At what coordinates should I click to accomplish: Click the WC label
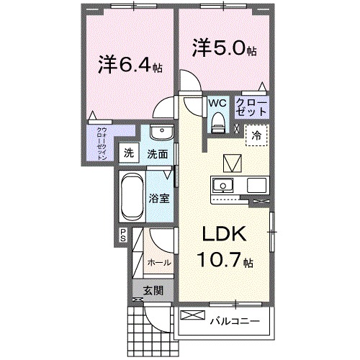tap(217, 103)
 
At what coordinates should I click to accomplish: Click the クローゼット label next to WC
tap(251, 109)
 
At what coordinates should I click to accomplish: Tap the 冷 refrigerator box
tap(256, 135)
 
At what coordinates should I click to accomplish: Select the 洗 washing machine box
tap(128, 153)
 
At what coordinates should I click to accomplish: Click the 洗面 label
tap(158, 153)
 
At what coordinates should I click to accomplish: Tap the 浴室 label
tap(159, 198)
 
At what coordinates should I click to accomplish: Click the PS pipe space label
tap(123, 234)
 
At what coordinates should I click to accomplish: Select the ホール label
tap(158, 264)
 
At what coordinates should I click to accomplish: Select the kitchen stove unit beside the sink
tap(257, 185)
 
